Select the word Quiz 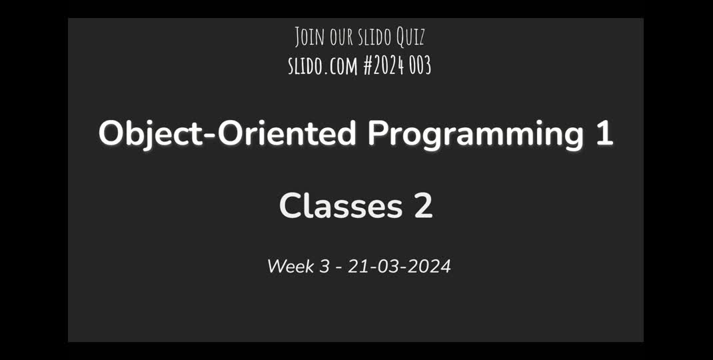411,37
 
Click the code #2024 384,65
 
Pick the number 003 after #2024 420,65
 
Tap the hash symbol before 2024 368,65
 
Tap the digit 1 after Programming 604,133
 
